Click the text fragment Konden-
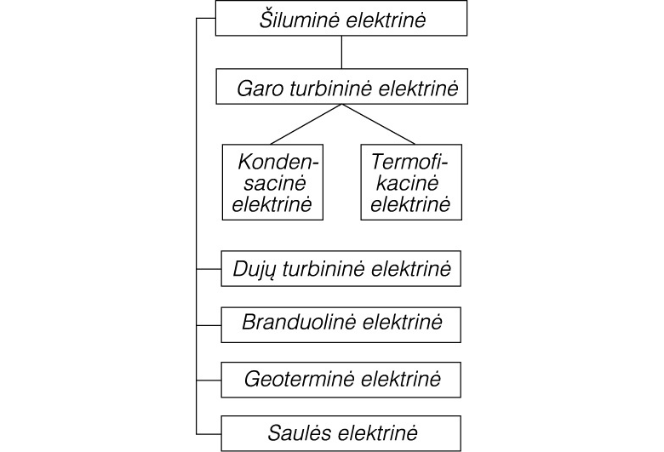pyautogui.click(x=278, y=162)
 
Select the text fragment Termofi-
pyautogui.click(x=409, y=162)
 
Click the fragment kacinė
pyautogui.click(x=408, y=183)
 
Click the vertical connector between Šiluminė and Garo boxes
pyautogui.click(x=341, y=52)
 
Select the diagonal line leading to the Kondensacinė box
pyautogui.click(x=306, y=124)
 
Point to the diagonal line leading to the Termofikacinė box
pyautogui.click(x=378, y=124)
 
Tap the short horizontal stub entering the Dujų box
pyautogui.click(x=209, y=269)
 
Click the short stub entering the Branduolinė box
pyautogui.click(x=209, y=325)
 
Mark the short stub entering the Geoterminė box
pyautogui.click(x=209, y=380)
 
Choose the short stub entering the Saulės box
pyautogui.click(x=209, y=434)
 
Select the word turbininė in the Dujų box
pyautogui.click(x=323, y=270)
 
